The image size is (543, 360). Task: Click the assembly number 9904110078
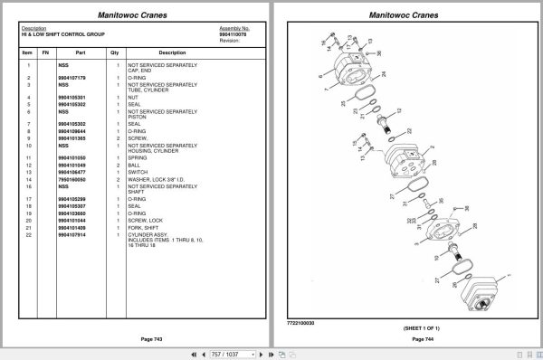pyautogui.click(x=234, y=33)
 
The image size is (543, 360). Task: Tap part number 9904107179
pyautogui.click(x=73, y=78)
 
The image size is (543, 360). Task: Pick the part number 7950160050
pyautogui.click(x=73, y=180)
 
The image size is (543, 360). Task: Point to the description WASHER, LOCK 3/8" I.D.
pyautogui.click(x=162, y=180)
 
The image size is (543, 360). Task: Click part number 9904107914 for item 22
pyautogui.click(x=73, y=235)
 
